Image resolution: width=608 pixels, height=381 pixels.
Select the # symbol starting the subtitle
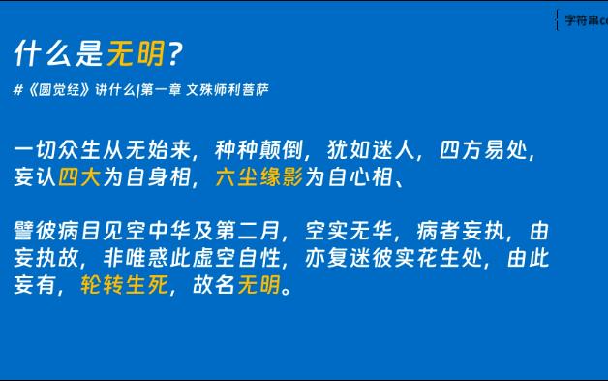click(x=19, y=90)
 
